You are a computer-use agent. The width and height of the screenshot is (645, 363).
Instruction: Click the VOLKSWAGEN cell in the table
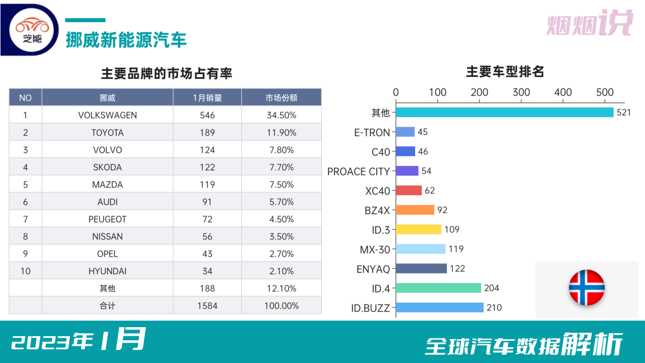pyautogui.click(x=107, y=115)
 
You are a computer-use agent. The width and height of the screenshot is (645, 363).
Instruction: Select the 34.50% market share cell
pyautogui.click(x=281, y=115)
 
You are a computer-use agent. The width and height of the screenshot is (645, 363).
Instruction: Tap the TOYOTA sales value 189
pyautogui.click(x=207, y=133)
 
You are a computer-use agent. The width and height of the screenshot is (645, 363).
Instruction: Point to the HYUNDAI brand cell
pyautogui.click(x=107, y=271)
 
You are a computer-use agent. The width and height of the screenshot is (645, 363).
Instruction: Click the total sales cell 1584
pyautogui.click(x=207, y=306)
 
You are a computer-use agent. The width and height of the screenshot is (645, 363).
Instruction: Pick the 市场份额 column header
pyautogui.click(x=281, y=98)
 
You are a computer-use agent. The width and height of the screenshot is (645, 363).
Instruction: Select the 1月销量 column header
pyautogui.click(x=207, y=98)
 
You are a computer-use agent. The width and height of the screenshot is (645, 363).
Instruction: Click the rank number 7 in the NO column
pyautogui.click(x=26, y=219)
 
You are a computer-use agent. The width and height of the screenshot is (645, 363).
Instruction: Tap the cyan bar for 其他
pyautogui.click(x=505, y=112)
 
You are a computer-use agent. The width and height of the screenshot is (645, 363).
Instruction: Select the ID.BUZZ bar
pyautogui.click(x=440, y=307)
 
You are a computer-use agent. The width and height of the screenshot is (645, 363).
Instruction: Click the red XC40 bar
pyautogui.click(x=409, y=190)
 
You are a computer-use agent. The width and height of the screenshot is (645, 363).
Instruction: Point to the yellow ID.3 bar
pyautogui.click(x=419, y=229)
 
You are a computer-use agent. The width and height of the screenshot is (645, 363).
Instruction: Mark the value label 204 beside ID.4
pyautogui.click(x=492, y=288)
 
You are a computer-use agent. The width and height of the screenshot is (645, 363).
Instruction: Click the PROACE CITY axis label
pyautogui.click(x=358, y=171)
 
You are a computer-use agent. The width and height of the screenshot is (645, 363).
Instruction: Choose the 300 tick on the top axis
pyautogui.click(x=521, y=92)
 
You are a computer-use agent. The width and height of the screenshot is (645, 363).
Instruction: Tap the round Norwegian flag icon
pyautogui.click(x=586, y=288)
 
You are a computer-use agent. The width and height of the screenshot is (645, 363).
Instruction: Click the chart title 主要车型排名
pyautogui.click(x=505, y=72)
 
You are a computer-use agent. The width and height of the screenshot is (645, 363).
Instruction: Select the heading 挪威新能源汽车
pyautogui.click(x=126, y=40)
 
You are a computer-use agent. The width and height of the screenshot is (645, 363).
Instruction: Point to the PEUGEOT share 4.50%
pyautogui.click(x=281, y=219)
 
